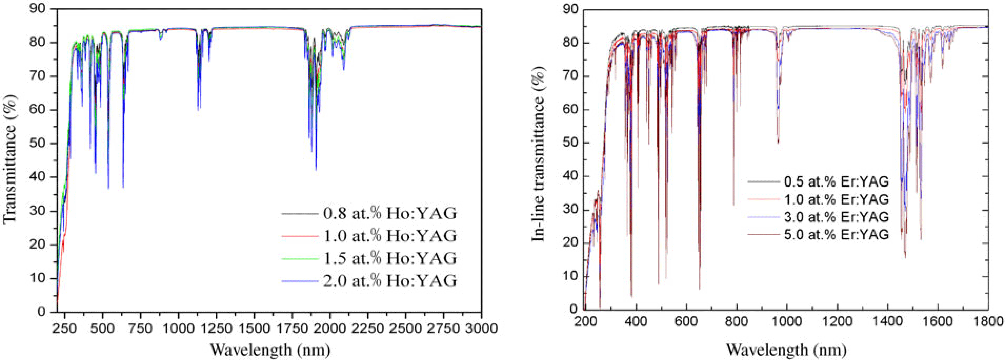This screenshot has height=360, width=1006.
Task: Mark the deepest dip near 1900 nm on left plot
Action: point(315,169)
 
